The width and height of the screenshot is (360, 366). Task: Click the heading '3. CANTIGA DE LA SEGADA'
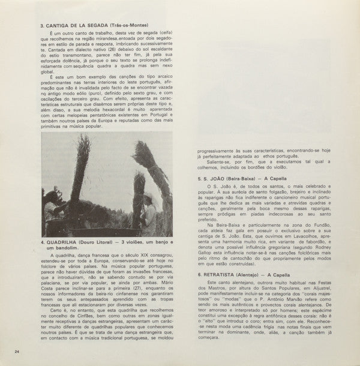75,26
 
